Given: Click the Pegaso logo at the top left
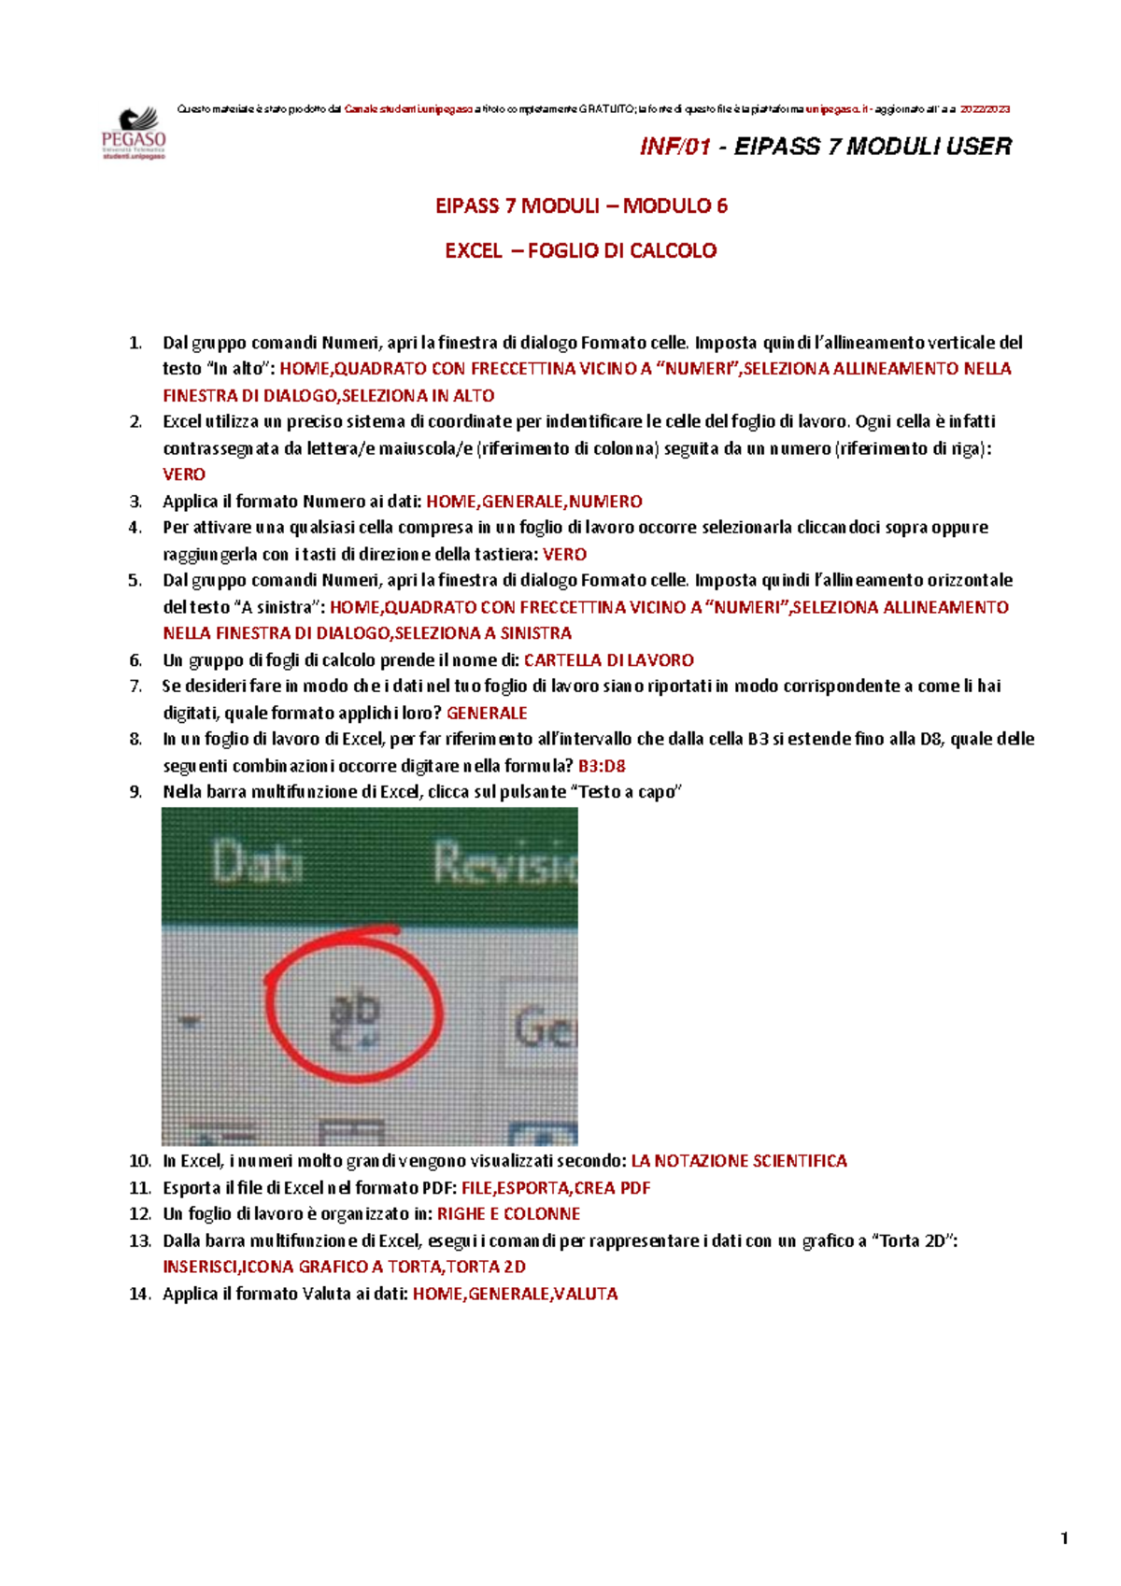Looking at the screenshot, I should (134, 133).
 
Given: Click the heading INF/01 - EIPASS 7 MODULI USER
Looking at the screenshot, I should (825, 147).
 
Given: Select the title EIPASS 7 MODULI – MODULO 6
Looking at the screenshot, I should (581, 206).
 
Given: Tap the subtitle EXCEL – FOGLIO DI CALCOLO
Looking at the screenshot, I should (580, 251).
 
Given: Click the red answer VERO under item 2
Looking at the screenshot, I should (183, 474).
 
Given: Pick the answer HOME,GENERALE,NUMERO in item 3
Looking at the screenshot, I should (533, 502).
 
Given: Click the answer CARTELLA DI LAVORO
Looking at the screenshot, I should (608, 660).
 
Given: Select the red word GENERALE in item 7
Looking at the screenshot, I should (487, 714).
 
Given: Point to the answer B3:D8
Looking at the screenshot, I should (602, 766).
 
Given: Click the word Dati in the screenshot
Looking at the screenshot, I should (257, 861).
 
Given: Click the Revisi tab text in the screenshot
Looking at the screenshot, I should (504, 861).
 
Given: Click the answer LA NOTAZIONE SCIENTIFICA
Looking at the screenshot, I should (739, 1161).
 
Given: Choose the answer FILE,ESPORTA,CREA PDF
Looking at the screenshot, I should (556, 1188).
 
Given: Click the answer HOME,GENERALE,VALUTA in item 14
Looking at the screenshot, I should (515, 1295).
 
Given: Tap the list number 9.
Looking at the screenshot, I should (135, 792).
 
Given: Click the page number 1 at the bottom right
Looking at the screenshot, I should (1064, 1538).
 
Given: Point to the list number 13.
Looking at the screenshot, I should (139, 1241).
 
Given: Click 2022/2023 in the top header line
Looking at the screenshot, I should (985, 109).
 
